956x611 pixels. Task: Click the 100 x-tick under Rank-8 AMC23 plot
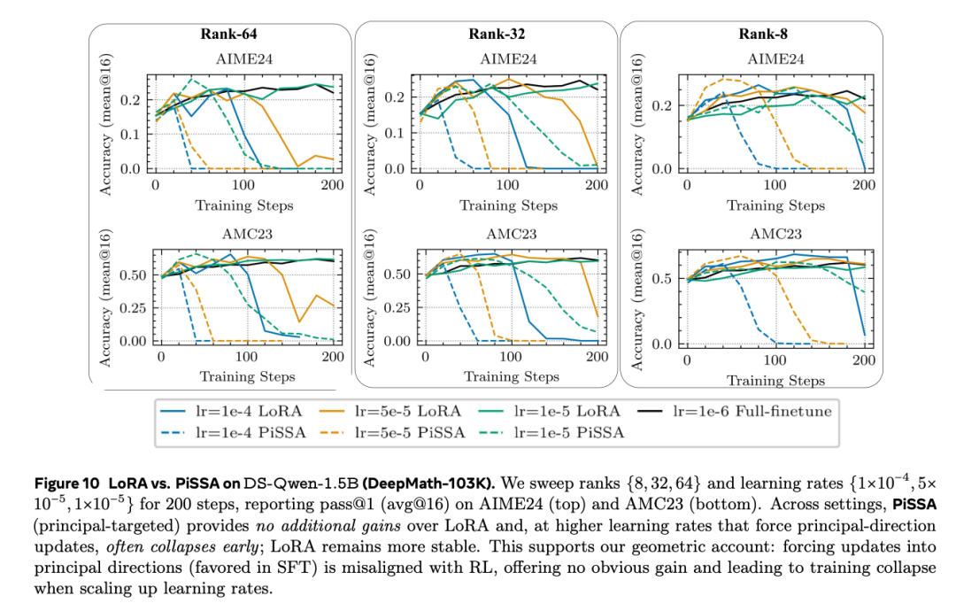coord(775,360)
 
